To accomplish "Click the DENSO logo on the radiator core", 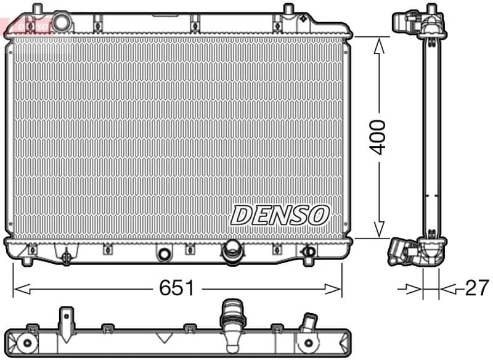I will [x=280, y=215].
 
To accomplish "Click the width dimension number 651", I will [x=177, y=288].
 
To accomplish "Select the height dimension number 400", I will [x=378, y=137].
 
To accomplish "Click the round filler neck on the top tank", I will [x=62, y=22].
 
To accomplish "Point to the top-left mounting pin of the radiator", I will [x=38, y=10].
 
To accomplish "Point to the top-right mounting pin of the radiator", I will [x=288, y=10].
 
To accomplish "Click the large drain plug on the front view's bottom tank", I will [x=232, y=250].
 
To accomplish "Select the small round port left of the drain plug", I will [x=164, y=254].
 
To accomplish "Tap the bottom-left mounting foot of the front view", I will [x=26, y=260].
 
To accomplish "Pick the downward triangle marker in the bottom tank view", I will [x=163, y=337].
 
